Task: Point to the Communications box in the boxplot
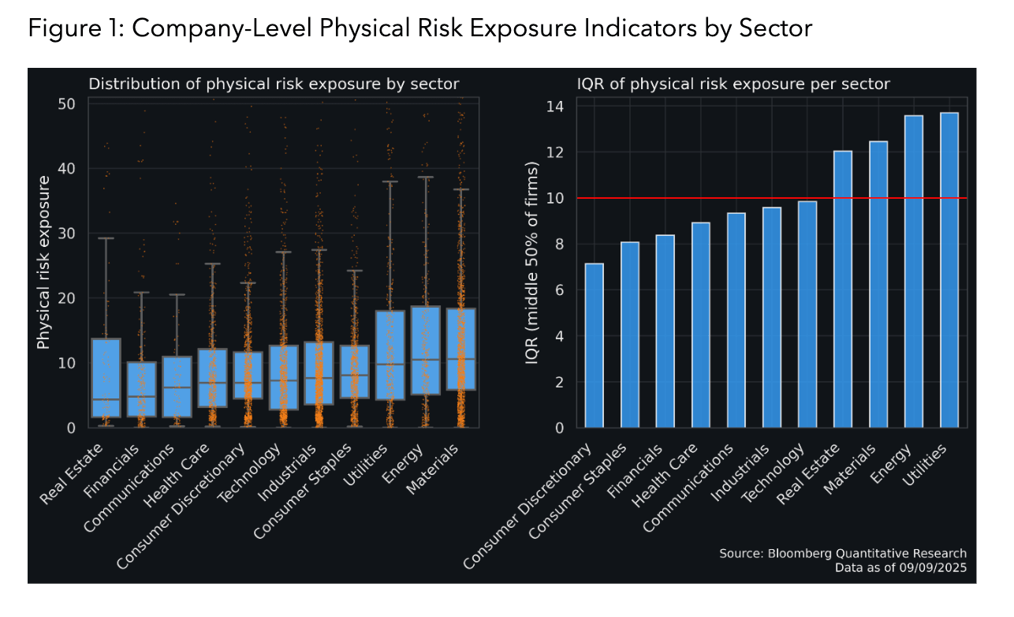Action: point(177,387)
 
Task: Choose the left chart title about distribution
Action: point(273,84)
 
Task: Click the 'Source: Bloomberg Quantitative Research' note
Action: point(842,553)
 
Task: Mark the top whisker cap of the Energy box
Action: point(425,178)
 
